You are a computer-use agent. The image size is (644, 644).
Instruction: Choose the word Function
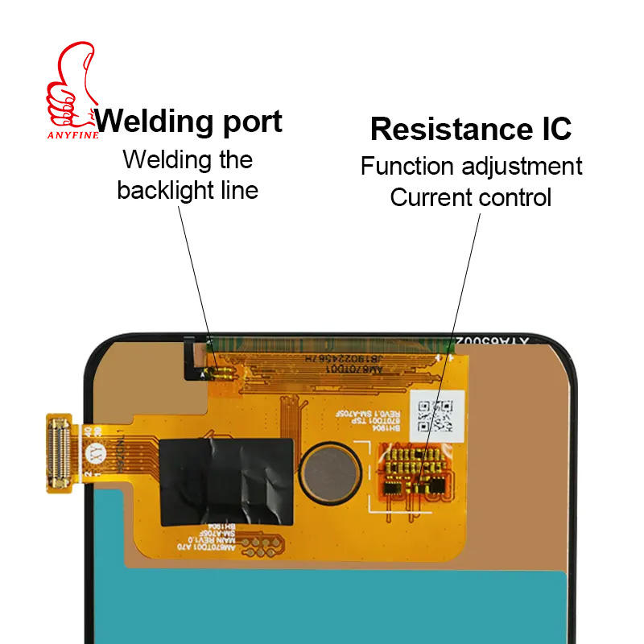pyautogui.click(x=409, y=167)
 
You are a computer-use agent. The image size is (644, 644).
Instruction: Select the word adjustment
pyautogui.click(x=522, y=167)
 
